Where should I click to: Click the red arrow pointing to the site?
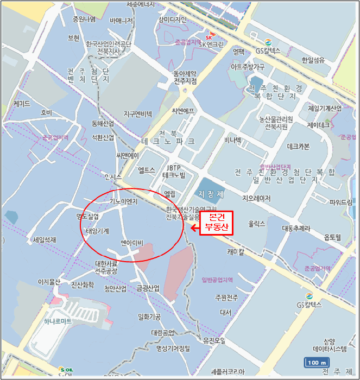pos(194,229)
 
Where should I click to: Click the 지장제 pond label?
pos(210,193)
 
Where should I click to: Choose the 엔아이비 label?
pos(131,242)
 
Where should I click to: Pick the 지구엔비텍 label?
pos(138,114)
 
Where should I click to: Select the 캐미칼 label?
pos(236,251)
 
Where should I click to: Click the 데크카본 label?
pos(298,146)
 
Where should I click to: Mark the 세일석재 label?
pos(45,239)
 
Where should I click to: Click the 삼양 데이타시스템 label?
pos(329,345)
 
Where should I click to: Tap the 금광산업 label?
pos(148,288)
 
